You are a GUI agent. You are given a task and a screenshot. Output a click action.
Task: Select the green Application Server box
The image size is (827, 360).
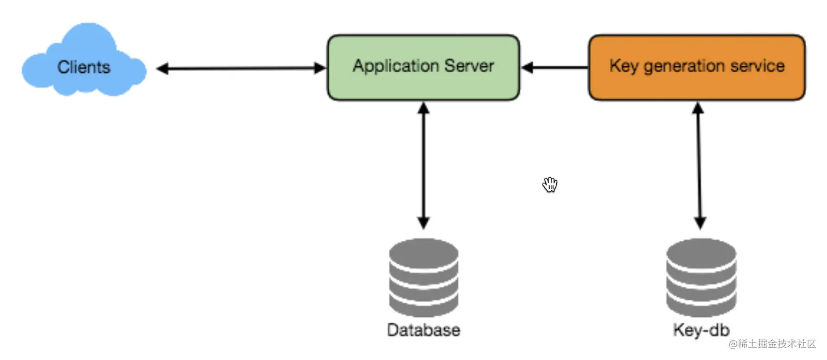point(423,68)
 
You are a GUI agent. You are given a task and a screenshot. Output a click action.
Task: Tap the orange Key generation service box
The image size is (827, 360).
point(697,68)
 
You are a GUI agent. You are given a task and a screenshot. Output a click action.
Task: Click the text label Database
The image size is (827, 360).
point(424,330)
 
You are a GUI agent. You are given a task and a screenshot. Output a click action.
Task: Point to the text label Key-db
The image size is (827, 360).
point(701,330)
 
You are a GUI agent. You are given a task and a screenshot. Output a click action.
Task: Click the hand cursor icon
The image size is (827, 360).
point(550,184)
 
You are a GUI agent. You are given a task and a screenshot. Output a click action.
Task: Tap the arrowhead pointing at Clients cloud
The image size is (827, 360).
point(162,68)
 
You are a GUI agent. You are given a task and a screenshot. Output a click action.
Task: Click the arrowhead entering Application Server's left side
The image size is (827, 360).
point(320,68)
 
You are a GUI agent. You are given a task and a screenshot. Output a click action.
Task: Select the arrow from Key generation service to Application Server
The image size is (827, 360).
point(555,68)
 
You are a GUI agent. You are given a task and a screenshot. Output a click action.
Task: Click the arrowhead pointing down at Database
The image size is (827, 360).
point(423,223)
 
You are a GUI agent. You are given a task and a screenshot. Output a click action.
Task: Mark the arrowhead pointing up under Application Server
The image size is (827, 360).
point(423,108)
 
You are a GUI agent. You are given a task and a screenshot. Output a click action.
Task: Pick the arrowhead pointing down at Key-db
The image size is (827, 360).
point(700,223)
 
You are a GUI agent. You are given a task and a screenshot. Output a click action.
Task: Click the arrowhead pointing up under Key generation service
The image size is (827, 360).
point(698,108)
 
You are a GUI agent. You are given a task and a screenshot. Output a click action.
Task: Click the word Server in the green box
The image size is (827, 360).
point(469,66)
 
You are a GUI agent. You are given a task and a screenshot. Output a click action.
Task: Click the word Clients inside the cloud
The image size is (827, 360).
point(84,67)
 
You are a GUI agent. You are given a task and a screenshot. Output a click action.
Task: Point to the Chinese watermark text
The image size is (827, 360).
point(772,344)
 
